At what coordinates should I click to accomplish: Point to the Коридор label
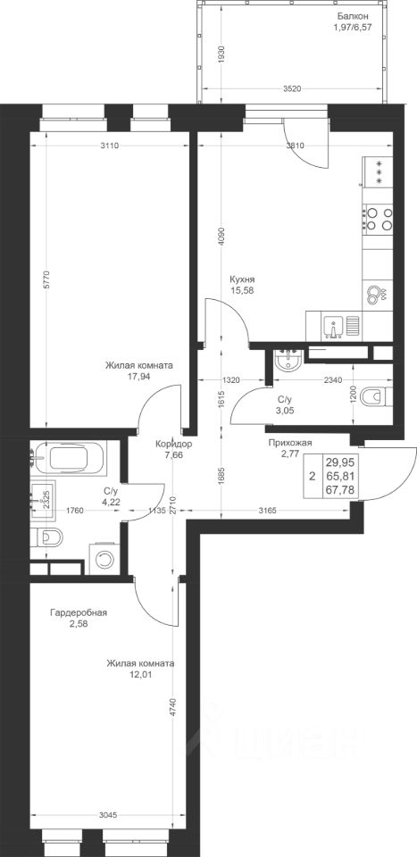tap(172, 444)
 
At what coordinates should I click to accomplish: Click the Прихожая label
tap(289, 444)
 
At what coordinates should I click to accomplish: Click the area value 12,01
tap(140, 674)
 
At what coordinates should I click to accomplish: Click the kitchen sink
tap(332, 328)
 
